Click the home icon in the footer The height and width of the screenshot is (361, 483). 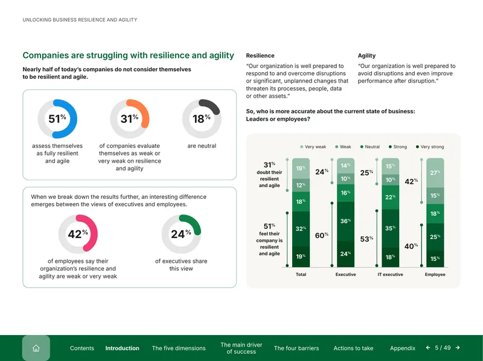pos(36,348)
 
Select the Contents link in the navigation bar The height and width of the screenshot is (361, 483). pos(82,348)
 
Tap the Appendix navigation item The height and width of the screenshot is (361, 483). pos(403,348)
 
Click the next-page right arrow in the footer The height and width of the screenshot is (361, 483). pos(458,348)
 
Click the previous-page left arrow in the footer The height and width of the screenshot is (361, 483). pos(428,348)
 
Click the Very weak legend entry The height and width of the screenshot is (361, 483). pos(313,146)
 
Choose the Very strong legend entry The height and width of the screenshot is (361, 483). pos(430,146)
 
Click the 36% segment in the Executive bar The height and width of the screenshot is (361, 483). pos(345,221)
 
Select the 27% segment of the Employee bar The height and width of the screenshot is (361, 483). pos(435,173)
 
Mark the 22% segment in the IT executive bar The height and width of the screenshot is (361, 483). pos(390,198)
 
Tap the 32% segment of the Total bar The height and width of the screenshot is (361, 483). pos(301,229)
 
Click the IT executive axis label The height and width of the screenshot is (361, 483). pos(390,274)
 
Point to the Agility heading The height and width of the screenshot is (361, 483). pos(366,55)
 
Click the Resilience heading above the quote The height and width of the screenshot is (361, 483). pos(260,55)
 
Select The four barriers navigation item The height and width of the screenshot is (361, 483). pos(296,348)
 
